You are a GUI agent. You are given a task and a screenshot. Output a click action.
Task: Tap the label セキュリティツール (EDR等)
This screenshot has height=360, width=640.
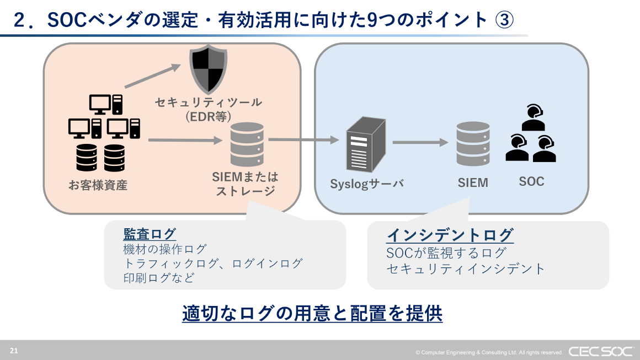208,109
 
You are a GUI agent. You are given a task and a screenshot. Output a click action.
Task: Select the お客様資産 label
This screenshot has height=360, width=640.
98,185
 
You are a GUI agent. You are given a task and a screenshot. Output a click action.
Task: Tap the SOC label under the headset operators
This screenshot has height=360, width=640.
531,181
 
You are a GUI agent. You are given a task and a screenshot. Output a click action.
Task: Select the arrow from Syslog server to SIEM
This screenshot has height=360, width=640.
420,143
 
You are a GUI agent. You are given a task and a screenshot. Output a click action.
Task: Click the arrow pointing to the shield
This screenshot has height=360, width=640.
153,76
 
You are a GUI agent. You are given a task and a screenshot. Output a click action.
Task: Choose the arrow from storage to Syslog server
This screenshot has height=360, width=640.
303,140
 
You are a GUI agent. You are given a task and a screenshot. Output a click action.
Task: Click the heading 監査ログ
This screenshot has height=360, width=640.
150,234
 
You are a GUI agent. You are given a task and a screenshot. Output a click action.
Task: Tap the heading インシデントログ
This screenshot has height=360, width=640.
450,235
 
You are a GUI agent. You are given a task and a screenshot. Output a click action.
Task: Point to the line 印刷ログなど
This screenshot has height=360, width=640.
159,278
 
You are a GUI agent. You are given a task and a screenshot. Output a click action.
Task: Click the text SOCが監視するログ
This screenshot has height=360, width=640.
446,253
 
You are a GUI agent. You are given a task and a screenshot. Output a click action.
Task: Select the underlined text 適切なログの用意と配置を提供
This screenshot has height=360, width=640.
312,313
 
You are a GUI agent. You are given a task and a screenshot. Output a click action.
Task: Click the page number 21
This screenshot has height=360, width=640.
14,350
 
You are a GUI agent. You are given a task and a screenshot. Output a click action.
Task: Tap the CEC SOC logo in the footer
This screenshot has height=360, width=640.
600,351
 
